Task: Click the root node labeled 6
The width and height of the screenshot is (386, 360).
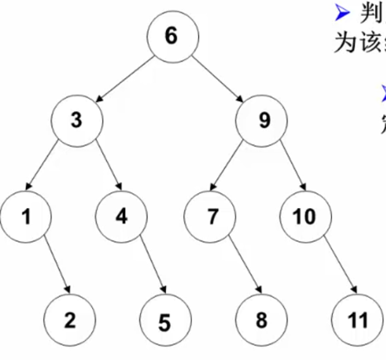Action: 171,36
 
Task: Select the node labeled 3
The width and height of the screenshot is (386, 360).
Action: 76,120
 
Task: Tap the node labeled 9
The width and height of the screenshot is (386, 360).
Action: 263,120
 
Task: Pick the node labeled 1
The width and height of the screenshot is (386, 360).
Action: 26,216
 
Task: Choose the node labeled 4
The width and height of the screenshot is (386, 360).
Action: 121,216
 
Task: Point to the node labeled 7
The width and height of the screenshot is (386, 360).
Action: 210,216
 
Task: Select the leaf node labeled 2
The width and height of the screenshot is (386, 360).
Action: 70,319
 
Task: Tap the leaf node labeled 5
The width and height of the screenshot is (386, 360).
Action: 164,321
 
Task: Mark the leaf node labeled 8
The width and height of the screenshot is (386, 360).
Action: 261,319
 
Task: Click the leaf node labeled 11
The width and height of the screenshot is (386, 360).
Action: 356,319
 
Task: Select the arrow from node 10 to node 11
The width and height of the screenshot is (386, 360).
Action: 339,267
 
